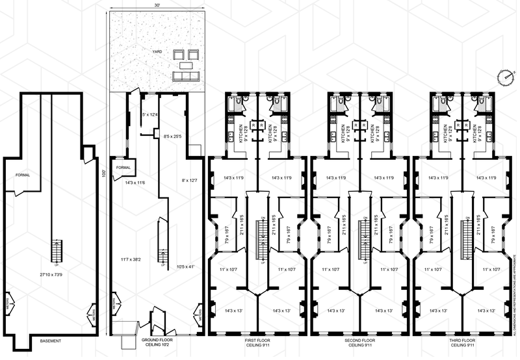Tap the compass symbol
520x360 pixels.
(504, 76)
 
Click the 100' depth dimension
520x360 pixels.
(103, 174)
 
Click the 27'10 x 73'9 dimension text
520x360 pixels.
(51, 276)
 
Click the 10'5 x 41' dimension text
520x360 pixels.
(186, 266)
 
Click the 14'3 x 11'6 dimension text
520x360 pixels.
(137, 183)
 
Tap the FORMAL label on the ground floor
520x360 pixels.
(123, 167)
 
